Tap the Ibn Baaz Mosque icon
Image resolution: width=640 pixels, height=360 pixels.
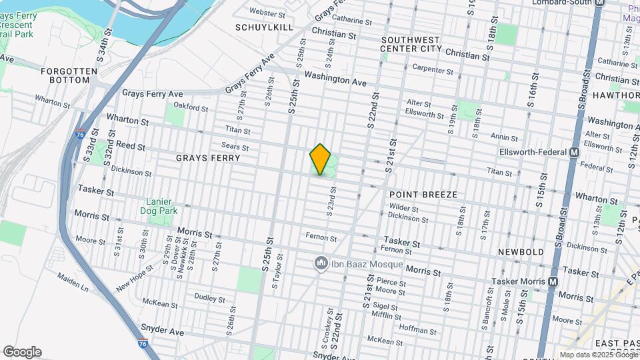321,264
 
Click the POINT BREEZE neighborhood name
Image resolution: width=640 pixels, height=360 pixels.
423,195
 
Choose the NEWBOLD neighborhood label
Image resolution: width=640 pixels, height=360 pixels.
521,252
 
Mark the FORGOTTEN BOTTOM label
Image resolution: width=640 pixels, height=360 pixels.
65,75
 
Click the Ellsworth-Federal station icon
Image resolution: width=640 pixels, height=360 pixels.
573,152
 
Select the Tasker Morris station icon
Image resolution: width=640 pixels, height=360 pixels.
553,282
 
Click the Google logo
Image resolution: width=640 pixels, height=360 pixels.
22,351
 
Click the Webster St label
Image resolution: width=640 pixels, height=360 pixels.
267,12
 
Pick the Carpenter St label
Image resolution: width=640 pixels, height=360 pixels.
433,69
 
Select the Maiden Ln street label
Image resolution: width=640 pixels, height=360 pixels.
72,281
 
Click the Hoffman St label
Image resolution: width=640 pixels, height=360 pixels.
417,328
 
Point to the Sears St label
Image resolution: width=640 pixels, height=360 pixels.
235,147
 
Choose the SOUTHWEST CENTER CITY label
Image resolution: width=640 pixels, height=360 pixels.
411,45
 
